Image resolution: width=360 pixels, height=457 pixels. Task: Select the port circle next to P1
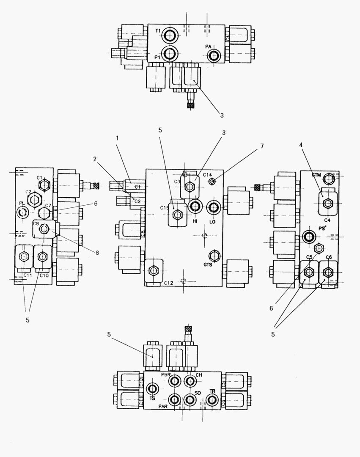(170, 54)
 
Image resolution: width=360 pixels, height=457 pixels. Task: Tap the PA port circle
(214, 55)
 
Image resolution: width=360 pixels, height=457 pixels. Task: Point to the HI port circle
(195, 206)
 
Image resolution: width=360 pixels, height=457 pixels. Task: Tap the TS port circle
(152, 388)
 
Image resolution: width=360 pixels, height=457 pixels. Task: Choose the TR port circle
(213, 400)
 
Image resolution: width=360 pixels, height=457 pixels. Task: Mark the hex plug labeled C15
(177, 215)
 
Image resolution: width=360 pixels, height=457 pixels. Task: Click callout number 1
(118, 138)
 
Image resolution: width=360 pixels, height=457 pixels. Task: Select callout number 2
(96, 159)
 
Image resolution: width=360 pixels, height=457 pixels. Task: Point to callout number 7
(262, 146)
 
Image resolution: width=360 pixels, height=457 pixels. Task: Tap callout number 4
(300, 145)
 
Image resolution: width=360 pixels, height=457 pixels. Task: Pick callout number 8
(97, 253)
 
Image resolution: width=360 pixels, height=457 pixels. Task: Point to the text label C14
(207, 174)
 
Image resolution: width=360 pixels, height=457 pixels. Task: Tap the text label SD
(198, 393)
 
